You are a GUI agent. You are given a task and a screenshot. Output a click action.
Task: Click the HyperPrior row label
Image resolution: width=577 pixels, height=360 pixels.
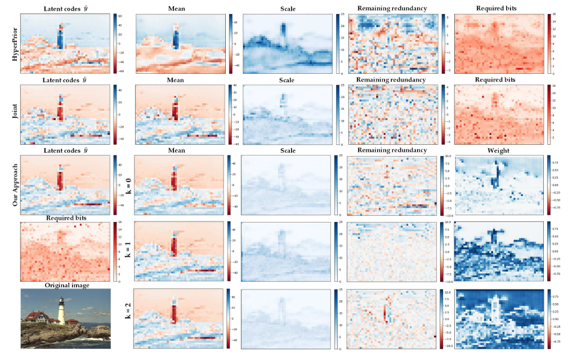click(8, 43)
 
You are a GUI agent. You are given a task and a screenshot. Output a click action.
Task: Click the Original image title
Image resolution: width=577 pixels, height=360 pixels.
click(65, 285)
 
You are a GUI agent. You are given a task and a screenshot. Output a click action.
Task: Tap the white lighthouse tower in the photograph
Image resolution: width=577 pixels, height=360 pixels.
click(61, 310)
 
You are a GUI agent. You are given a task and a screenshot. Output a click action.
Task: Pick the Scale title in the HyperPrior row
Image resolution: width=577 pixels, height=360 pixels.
click(287, 8)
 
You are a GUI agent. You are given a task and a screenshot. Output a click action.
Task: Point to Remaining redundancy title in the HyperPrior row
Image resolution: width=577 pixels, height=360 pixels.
click(395, 8)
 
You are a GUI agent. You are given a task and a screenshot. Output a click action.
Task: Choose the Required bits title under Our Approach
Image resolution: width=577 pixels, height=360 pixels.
click(65, 217)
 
